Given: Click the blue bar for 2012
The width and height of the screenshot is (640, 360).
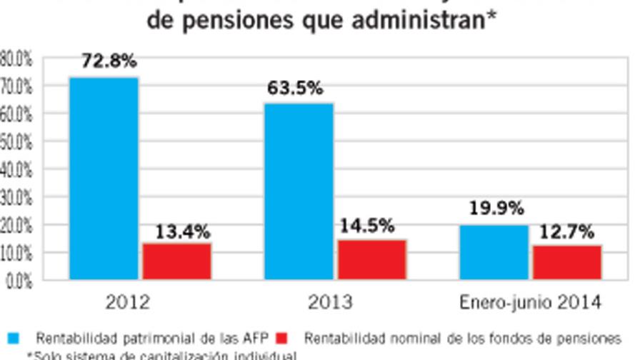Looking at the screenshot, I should point(104,178).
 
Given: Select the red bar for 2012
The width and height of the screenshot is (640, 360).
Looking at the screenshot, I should point(176,261).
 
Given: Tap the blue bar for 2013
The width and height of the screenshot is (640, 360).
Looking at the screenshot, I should point(299,191).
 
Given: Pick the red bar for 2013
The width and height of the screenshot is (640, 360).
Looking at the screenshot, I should point(371,259).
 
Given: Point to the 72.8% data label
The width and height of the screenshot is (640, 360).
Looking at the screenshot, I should point(109,61).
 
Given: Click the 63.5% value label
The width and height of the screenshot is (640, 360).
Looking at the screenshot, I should point(295,89).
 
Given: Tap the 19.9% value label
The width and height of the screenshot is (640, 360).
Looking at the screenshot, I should point(496,209).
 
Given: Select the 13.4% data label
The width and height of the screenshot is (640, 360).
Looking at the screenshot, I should point(183,231).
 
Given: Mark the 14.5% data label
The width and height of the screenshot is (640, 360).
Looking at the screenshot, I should point(367,226).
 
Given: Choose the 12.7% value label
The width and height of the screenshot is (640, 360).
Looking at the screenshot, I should point(568,231).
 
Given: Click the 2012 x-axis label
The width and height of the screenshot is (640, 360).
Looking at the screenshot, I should point(128,302).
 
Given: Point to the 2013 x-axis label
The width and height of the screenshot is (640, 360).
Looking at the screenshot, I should point(330,302).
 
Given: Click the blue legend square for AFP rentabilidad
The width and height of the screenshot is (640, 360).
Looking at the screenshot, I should point(13,336).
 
